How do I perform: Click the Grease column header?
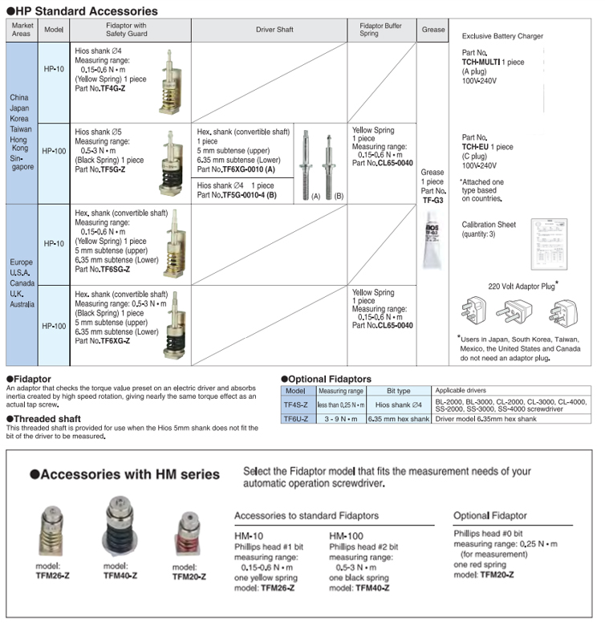(x=432, y=30)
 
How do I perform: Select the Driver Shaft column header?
(x=274, y=30)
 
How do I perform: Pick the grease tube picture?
(x=433, y=241)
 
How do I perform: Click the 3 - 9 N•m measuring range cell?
(x=341, y=419)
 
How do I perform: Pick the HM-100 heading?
(x=347, y=535)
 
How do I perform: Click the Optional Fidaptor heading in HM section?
(x=489, y=515)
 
